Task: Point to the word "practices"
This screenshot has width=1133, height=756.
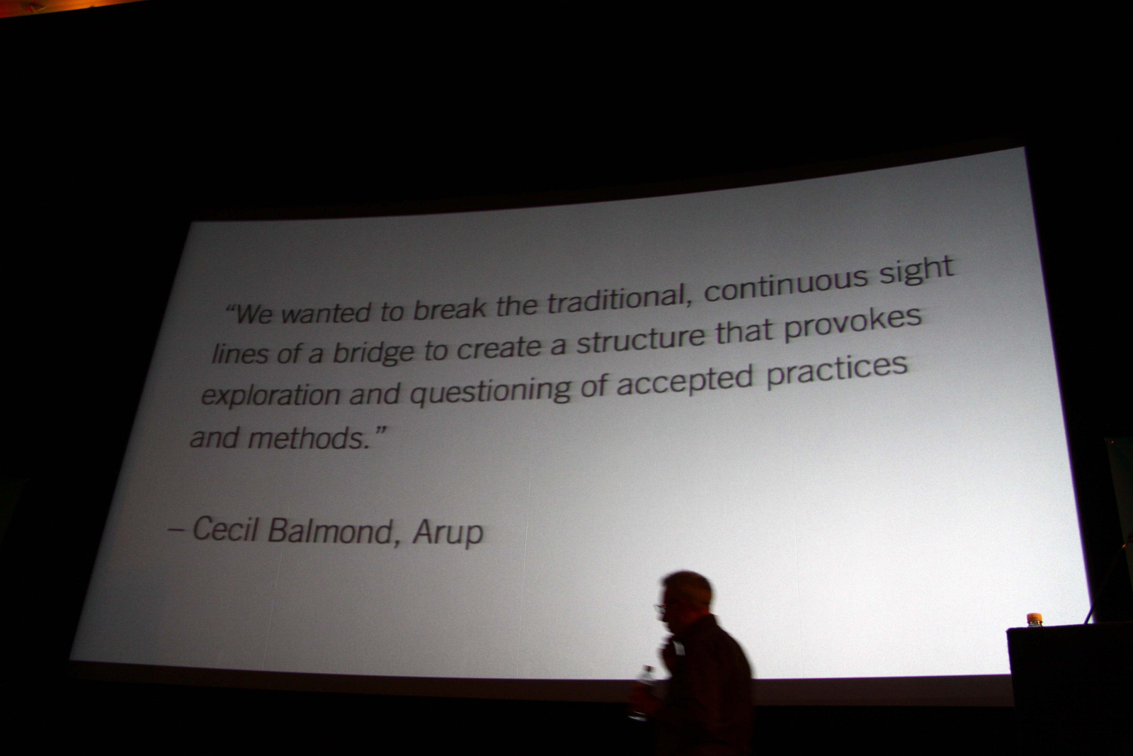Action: coord(836,370)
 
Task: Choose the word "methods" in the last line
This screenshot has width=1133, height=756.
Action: coord(309,438)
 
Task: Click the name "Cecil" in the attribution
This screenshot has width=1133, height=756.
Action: coord(226,529)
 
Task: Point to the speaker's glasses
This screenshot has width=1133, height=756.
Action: coord(661,608)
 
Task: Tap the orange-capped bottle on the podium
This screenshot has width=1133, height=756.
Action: coord(1034,619)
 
